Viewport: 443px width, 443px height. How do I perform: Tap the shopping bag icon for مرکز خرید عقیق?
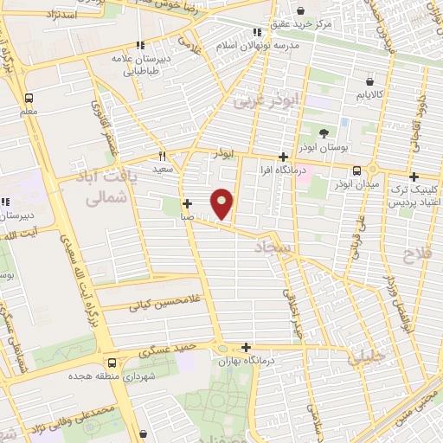300,11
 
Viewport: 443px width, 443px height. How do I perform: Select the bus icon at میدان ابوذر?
356,170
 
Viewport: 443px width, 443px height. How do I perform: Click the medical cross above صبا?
187,204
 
